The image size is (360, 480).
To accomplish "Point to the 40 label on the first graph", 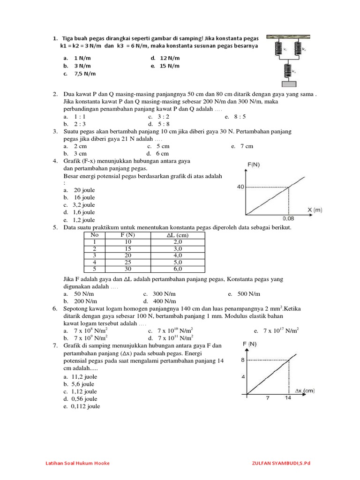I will pos(240,187).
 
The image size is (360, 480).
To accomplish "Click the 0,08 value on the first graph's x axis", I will pos(289,218).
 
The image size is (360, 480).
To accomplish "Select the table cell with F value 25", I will pos(127,262).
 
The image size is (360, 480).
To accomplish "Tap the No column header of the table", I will pos(95,235).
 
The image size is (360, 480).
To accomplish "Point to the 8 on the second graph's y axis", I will pos(242,360).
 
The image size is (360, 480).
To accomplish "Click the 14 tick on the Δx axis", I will pos(288,398).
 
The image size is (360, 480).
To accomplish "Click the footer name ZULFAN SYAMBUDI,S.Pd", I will pos(281,463).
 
